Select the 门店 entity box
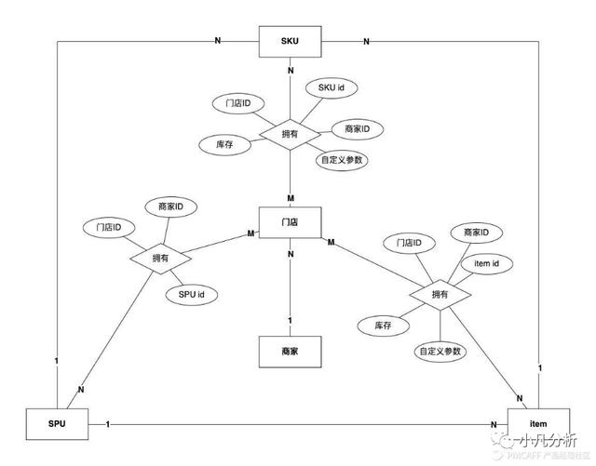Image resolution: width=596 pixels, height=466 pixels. click(290, 222)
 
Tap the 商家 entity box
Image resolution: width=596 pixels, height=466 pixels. click(290, 353)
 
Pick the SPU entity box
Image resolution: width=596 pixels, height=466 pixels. click(57, 425)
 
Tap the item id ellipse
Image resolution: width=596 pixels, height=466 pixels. click(487, 264)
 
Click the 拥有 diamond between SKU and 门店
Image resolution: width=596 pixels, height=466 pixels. click(289, 134)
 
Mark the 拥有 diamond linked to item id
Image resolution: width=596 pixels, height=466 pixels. click(440, 295)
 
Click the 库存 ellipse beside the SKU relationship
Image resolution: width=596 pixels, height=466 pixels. click(223, 145)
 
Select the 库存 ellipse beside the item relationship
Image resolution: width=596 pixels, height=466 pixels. click(382, 326)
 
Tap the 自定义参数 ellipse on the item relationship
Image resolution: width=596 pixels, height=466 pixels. click(440, 352)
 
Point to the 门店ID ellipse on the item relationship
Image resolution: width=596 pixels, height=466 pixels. click(409, 243)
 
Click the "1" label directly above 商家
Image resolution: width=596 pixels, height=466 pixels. click(290, 321)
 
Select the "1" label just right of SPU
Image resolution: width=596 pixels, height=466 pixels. click(108, 424)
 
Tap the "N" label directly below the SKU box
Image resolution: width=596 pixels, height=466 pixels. click(290, 71)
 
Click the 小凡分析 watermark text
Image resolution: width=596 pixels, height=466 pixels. click(549, 438)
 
